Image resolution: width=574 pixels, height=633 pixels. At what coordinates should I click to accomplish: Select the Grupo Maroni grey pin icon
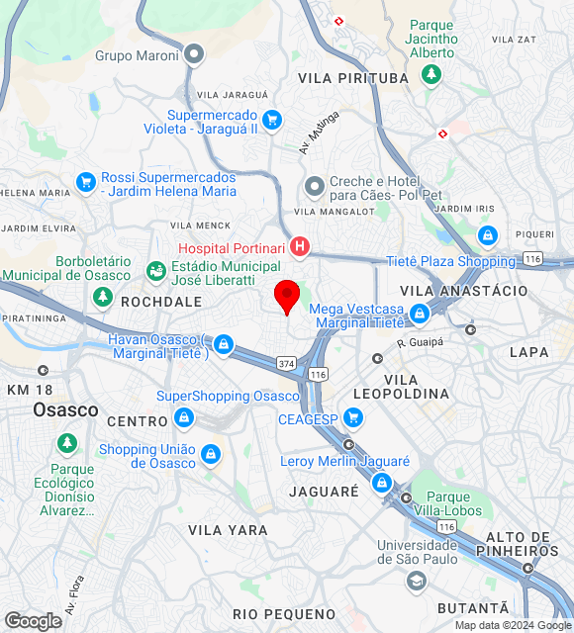tap(195, 54)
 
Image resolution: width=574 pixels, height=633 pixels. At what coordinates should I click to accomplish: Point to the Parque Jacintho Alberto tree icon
tap(430, 73)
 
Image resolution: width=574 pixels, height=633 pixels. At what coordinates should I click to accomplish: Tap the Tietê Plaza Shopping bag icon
tap(486, 235)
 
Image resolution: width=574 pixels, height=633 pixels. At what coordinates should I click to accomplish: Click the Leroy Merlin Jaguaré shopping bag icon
tap(382, 483)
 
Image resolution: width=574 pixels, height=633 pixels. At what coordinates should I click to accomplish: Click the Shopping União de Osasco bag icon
tap(210, 454)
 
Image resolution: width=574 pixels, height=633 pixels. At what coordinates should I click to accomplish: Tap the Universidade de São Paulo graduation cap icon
tap(417, 581)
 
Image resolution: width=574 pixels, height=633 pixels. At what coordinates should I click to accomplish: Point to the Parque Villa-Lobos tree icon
tap(407, 497)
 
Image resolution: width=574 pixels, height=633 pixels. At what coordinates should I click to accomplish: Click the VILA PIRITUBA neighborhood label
tap(353, 78)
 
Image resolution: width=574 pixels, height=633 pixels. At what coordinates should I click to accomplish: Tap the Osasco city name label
tap(65, 409)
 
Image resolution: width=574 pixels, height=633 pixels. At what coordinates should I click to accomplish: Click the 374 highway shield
tap(286, 364)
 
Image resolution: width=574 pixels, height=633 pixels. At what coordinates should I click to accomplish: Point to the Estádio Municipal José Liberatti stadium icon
tap(155, 270)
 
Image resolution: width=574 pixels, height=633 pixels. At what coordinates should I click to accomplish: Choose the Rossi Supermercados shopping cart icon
tap(86, 182)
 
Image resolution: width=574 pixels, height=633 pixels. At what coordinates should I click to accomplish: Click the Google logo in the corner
tap(33, 621)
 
